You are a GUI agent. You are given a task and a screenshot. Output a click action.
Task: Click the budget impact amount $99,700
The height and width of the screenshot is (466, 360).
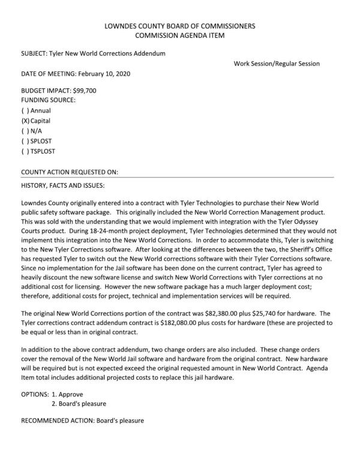click(x=84, y=90)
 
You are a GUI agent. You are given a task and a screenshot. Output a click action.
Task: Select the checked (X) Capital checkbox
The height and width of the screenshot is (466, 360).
click(x=25, y=121)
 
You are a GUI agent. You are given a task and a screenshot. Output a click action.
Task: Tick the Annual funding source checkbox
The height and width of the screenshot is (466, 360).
click(x=25, y=110)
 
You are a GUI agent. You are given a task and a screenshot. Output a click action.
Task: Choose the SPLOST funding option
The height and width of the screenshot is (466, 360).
click(x=25, y=141)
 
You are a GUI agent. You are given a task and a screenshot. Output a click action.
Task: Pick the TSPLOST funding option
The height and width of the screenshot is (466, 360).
click(x=25, y=151)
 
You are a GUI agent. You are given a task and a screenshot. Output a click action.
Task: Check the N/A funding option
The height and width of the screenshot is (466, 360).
click(x=25, y=131)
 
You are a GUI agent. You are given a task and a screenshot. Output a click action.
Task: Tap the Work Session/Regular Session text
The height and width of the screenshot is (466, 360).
click(x=277, y=64)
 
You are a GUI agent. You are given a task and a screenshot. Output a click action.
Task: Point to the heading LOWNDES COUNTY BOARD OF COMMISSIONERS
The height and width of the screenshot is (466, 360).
click(x=179, y=26)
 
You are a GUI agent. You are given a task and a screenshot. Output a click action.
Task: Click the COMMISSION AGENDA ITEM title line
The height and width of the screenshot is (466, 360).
click(x=179, y=36)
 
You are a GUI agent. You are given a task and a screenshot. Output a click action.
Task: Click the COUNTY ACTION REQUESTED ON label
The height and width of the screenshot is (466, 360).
click(x=69, y=172)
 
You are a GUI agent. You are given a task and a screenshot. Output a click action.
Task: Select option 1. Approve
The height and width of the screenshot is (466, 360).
click(x=68, y=394)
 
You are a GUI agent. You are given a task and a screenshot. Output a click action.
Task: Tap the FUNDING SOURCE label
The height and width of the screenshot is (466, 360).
click(x=48, y=100)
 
